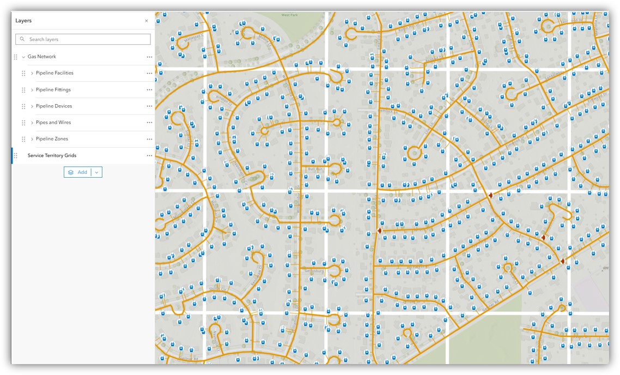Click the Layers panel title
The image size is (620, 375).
23,21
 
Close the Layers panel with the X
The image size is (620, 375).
146,21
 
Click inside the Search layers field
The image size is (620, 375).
87,39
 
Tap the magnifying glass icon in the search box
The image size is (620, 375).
22,39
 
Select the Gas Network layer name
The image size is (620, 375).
42,57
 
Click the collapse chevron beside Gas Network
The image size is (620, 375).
23,57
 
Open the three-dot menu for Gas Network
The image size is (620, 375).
149,57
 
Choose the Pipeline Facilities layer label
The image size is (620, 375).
54,73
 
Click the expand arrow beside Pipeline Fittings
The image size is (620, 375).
32,90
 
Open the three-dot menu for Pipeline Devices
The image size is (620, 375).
149,106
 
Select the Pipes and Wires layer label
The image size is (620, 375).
53,123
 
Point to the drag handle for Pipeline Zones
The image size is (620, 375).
23,139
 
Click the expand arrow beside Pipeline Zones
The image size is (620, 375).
32,139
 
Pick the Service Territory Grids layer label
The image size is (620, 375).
52,155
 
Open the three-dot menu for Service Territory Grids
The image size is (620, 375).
149,155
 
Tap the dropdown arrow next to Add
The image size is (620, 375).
96,172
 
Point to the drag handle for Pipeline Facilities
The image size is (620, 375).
23,73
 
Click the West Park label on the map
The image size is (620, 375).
289,15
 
